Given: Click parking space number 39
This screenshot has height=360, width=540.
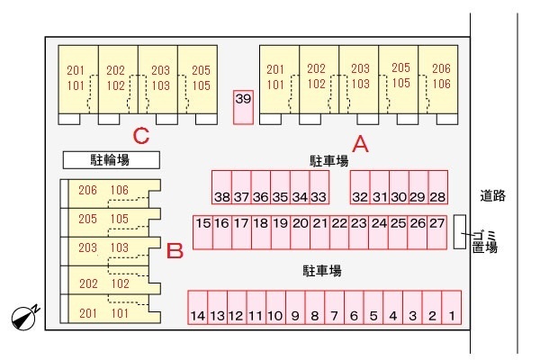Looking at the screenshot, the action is click(x=244, y=107).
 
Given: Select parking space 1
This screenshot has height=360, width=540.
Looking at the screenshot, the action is click(x=452, y=307).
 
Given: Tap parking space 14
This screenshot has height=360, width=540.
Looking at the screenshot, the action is click(x=198, y=307).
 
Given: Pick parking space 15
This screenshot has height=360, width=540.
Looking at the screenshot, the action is click(x=202, y=232).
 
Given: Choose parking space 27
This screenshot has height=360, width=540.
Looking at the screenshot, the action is click(x=437, y=232).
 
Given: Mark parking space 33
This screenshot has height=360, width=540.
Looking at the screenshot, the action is click(x=319, y=187).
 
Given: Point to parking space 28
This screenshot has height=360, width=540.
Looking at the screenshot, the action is click(x=438, y=187).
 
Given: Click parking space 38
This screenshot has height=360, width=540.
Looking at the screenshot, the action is click(x=221, y=187).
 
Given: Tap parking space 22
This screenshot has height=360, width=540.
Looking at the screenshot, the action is click(x=339, y=232).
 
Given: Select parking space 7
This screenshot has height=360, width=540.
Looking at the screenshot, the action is click(x=335, y=307).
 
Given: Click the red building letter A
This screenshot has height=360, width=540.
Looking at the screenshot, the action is click(x=360, y=144).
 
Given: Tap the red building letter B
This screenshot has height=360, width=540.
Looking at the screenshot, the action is click(x=175, y=250).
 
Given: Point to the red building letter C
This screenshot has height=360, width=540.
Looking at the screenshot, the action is click(x=141, y=136).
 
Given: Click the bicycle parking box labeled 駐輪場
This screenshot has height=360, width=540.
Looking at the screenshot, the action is click(x=112, y=160).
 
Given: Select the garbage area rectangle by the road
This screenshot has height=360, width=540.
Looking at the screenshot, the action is click(x=460, y=232).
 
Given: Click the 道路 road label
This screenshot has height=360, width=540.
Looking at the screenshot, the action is click(x=493, y=195).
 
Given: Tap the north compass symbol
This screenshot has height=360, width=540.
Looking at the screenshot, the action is click(x=25, y=317).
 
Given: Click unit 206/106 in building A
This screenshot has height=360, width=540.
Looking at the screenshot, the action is click(x=438, y=80).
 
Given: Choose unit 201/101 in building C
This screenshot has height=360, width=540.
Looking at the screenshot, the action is click(x=78, y=80).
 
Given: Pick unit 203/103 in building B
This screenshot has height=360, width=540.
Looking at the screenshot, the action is click(x=110, y=251).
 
